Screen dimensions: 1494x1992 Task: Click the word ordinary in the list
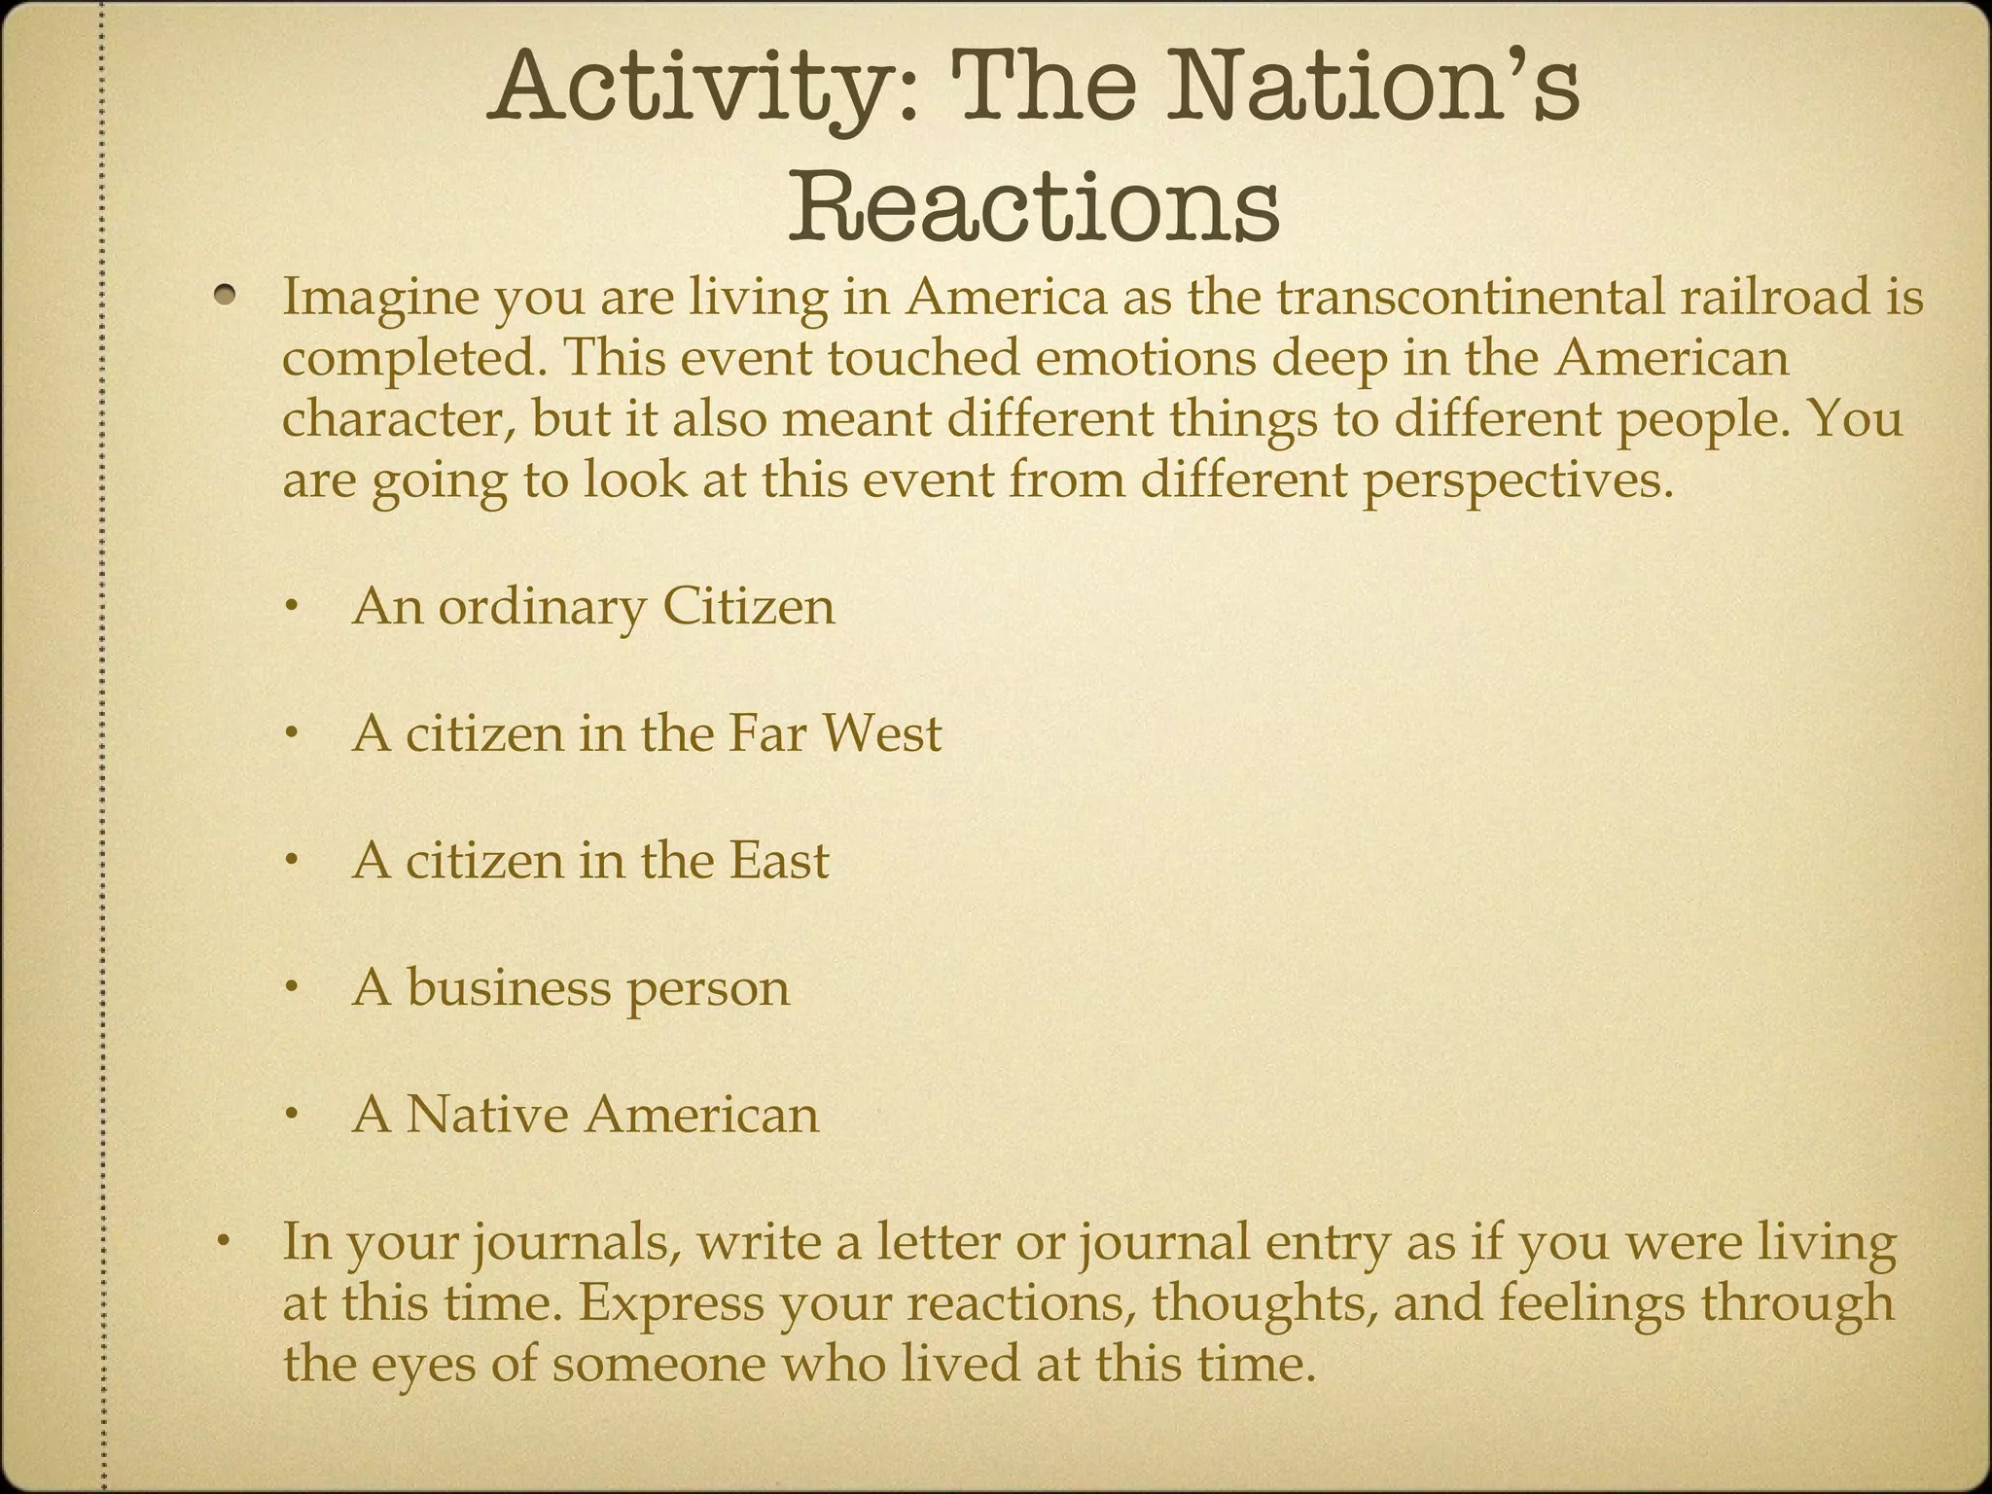[541, 608]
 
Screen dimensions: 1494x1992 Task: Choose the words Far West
[835, 733]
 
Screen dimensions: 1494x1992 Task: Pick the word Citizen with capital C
[748, 607]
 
